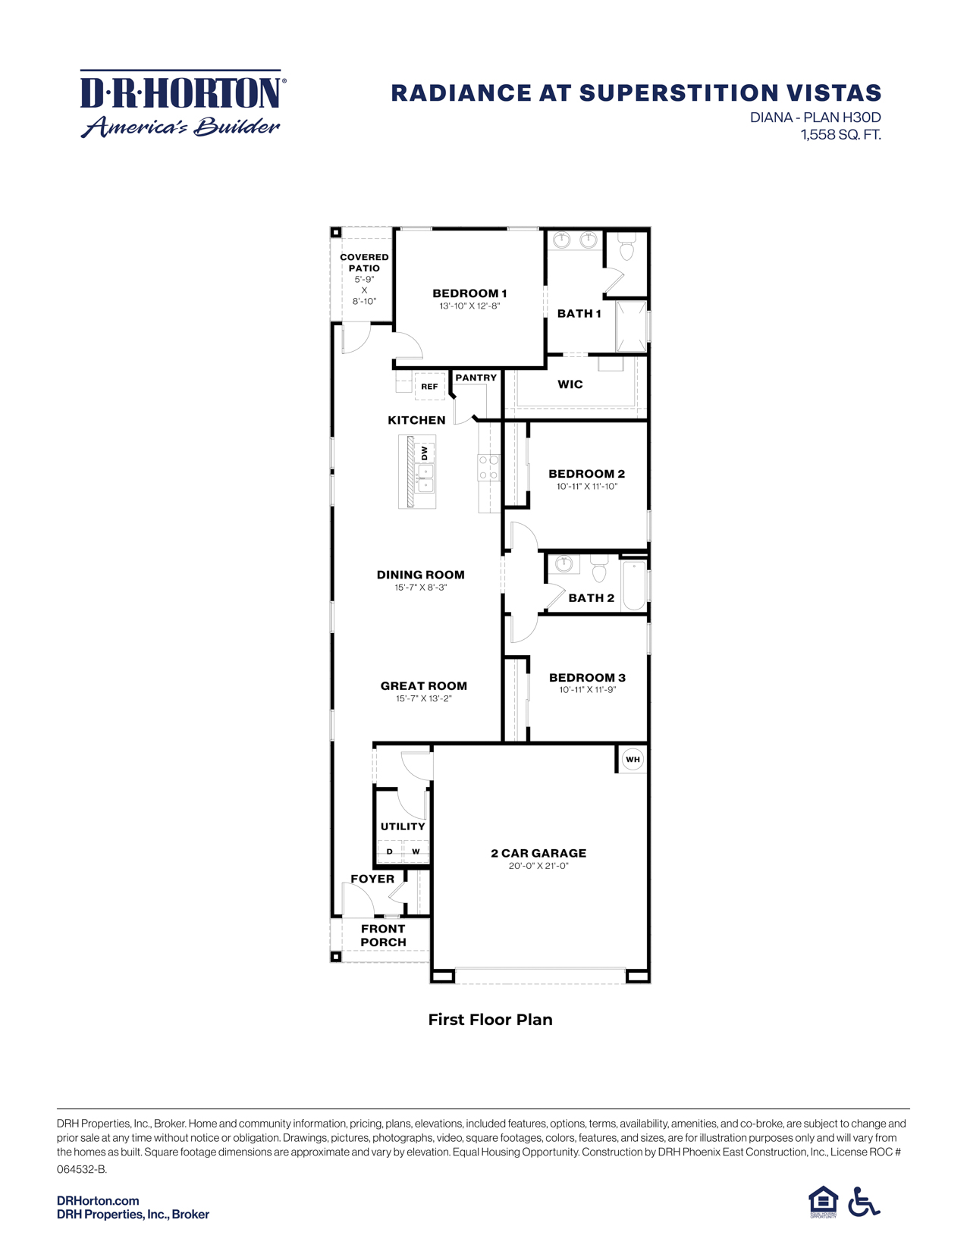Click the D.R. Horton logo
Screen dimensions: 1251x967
click(x=182, y=104)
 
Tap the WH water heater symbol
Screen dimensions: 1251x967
click(x=633, y=759)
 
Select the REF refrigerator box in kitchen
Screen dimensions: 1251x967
click(x=429, y=386)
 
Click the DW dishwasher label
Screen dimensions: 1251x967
click(x=425, y=453)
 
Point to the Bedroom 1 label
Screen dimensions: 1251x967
click(x=469, y=293)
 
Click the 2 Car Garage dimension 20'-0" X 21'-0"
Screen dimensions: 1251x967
click(x=538, y=866)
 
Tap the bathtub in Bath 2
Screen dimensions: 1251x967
click(x=633, y=585)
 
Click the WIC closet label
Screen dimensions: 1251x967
click(x=570, y=384)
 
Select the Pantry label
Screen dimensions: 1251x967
click(x=476, y=378)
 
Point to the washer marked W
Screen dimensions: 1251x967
click(x=416, y=851)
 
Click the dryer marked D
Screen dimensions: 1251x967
click(x=390, y=851)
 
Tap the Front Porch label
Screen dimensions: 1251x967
click(x=383, y=935)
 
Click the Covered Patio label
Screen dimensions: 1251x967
click(x=364, y=262)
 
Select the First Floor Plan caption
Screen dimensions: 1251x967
click(x=490, y=1020)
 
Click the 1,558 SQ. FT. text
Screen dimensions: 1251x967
click(x=840, y=135)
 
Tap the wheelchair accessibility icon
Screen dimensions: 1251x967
click(x=864, y=1202)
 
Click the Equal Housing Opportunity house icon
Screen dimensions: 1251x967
click(x=823, y=1202)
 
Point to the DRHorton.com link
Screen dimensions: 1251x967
click(x=98, y=1200)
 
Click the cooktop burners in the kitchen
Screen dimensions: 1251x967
click(x=488, y=467)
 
